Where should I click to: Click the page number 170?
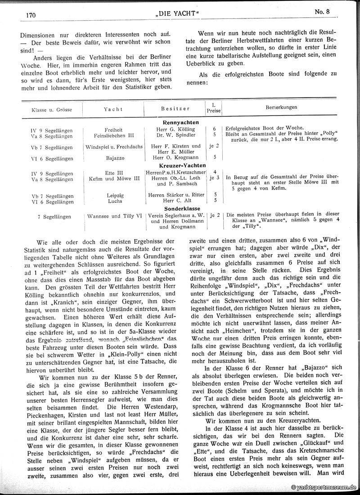[31, 15]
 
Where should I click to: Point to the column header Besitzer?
[175, 109]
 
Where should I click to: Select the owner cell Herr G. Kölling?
[175, 129]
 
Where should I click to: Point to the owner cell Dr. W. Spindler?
[175, 134]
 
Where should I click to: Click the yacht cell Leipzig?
[113, 195]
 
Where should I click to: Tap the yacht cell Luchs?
[113, 201]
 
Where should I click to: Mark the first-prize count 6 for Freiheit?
[214, 129]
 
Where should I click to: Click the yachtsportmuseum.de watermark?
[324, 487]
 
